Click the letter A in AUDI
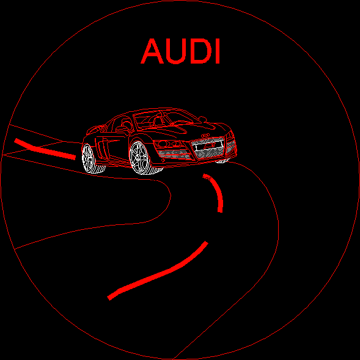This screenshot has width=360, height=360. (x=152, y=51)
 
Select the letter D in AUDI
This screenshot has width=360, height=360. (x=200, y=51)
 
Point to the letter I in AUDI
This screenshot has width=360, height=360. (x=218, y=51)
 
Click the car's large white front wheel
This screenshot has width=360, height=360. (x=141, y=158)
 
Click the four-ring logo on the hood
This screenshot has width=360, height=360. (x=205, y=136)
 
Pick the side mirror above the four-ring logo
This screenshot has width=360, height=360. (x=202, y=119)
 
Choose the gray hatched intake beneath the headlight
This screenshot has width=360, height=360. (x=174, y=154)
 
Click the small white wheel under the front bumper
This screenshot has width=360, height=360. (x=222, y=161)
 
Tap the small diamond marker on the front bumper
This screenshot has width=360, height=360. (x=163, y=160)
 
